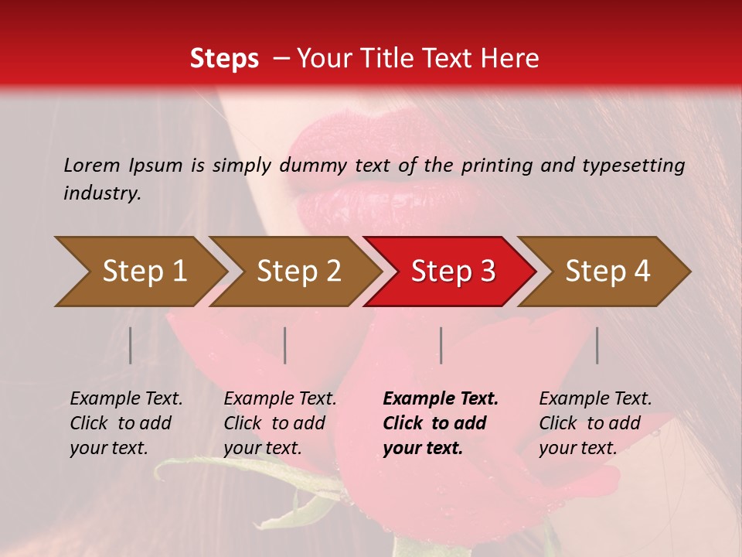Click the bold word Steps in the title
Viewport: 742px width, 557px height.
[224, 59]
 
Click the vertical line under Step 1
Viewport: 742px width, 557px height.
[131, 345]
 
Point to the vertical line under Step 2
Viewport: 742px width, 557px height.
[285, 345]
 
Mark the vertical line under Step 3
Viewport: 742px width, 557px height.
[441, 345]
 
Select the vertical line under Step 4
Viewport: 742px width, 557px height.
[597, 345]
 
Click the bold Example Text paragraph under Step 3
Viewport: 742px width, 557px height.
[441, 423]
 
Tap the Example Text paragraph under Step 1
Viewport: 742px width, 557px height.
[126, 423]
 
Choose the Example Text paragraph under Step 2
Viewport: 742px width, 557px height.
[280, 423]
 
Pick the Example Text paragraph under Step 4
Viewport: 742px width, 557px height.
[595, 423]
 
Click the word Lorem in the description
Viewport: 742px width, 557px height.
[92, 165]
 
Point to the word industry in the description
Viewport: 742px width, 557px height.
[102, 193]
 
